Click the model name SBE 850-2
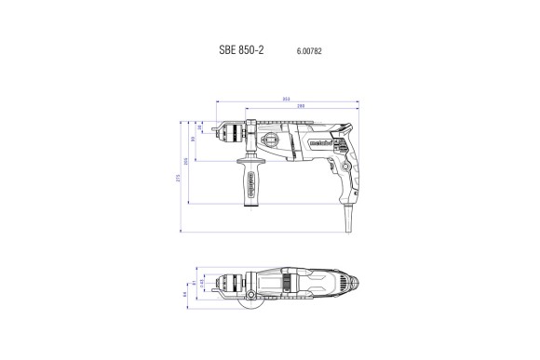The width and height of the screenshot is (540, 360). (240, 49)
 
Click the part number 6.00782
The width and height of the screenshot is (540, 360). (309, 50)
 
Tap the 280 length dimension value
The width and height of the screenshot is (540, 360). (300, 106)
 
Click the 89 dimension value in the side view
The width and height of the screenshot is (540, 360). (194, 139)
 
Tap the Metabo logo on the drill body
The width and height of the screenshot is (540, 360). (316, 141)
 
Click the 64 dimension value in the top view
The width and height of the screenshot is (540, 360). (185, 295)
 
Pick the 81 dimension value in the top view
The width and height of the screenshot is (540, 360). (192, 285)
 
